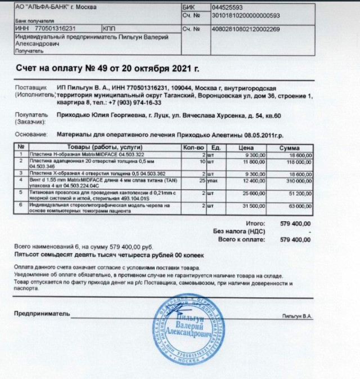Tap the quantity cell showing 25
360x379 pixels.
click(201, 181)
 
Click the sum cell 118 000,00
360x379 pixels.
click(297, 162)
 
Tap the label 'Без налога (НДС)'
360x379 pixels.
click(236, 231)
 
